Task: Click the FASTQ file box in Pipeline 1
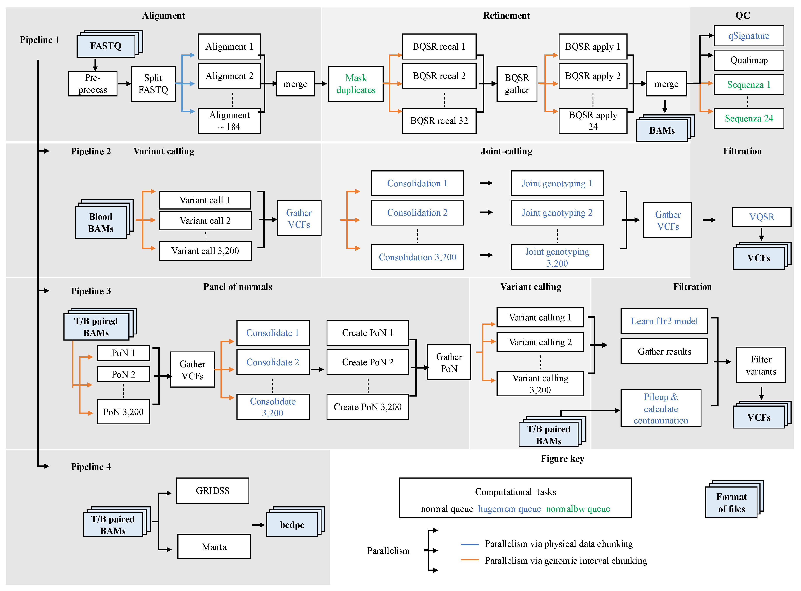pos(106,46)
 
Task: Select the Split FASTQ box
pos(153,84)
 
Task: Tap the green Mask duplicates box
pos(356,84)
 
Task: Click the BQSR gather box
pos(517,84)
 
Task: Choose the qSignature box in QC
pos(749,36)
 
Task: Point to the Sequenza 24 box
pos(749,118)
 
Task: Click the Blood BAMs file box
pos(101,222)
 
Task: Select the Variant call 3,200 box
pos(205,251)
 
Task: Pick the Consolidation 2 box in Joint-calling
pos(417,213)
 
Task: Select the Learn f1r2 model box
pos(664,321)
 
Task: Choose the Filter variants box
pos(761,365)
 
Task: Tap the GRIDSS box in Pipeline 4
pos(213,490)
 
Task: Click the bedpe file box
pos(292,525)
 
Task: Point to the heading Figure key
pos(562,459)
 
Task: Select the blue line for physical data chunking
pos(469,544)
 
